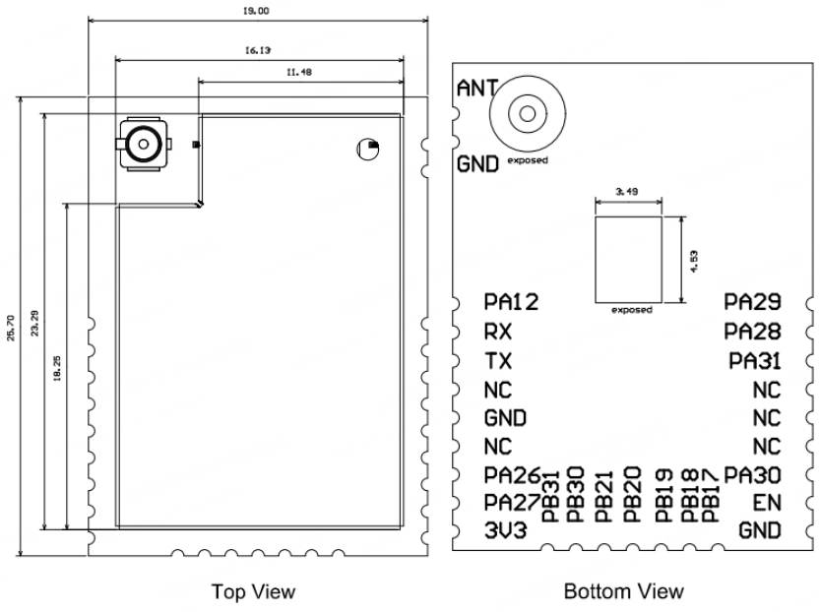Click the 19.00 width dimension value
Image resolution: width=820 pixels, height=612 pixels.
coord(256,11)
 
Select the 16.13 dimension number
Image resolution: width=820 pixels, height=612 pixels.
coord(258,50)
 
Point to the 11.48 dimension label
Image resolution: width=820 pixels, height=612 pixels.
coord(299,72)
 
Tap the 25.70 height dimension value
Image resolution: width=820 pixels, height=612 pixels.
coord(11,328)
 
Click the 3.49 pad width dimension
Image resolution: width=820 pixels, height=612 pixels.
coord(626,192)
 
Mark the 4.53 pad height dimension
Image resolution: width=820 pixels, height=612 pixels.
coord(694,262)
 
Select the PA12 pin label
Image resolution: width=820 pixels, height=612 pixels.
coord(511,301)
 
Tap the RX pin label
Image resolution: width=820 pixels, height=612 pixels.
coord(498,332)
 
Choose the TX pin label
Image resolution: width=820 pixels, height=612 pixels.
coord(498,361)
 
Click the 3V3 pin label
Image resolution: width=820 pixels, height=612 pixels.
coord(505,530)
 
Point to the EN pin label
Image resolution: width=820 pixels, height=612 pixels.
coord(767,503)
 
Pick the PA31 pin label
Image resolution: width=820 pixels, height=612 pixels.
coord(755,361)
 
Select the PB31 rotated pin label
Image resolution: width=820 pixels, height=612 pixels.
coord(550,496)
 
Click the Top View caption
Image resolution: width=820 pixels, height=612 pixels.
coord(254,591)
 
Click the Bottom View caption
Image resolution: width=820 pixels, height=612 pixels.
coord(624,591)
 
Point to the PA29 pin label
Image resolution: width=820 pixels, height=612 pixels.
coord(752,301)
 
